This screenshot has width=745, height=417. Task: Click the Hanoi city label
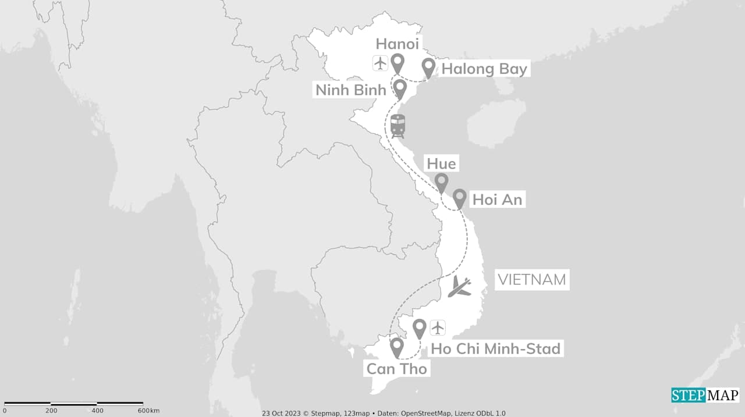(397, 44)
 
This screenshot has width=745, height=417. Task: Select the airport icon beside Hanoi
(380, 62)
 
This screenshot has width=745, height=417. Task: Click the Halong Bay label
(484, 69)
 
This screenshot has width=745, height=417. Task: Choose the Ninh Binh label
(351, 90)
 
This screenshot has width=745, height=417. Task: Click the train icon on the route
(398, 126)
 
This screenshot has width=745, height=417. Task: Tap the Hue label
(441, 163)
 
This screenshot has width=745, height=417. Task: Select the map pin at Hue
(442, 182)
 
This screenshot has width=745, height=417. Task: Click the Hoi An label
(497, 200)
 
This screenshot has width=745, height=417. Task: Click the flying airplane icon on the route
(460, 286)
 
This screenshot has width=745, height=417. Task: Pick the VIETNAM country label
(531, 280)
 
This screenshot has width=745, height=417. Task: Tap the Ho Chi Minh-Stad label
(495, 348)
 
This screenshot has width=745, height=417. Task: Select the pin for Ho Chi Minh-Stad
(419, 328)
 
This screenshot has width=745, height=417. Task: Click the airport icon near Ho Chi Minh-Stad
(437, 327)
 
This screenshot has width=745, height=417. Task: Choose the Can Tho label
(396, 369)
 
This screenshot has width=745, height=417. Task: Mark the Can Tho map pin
(397, 347)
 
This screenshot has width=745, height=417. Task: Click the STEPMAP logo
(705, 395)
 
